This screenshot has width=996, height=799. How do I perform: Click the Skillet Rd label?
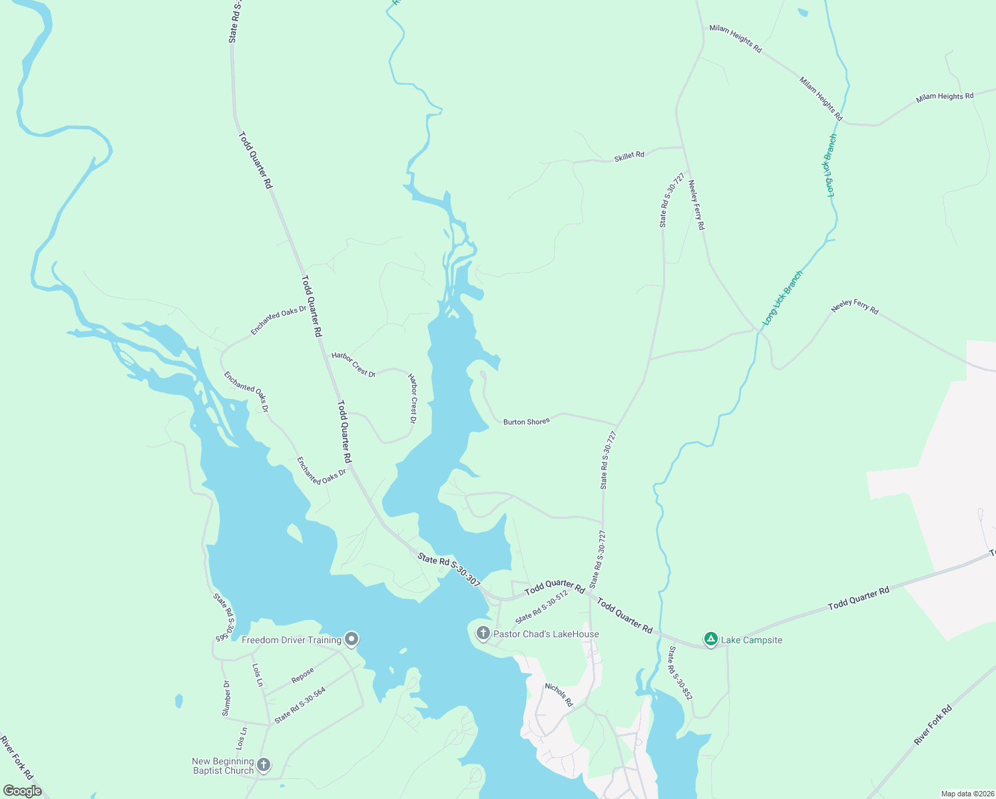tap(629, 156)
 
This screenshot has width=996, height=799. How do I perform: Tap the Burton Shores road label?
tap(526, 421)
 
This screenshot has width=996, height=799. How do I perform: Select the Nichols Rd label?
tap(559, 694)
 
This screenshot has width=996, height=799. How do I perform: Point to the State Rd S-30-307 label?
tap(449, 570)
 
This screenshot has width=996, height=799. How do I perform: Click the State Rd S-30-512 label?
tap(541, 606)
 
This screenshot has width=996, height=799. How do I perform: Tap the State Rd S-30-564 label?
tap(300, 704)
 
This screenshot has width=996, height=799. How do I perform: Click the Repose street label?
tap(302, 675)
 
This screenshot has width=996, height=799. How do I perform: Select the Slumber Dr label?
tap(226, 698)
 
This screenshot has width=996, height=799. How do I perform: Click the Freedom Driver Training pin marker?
tap(352, 639)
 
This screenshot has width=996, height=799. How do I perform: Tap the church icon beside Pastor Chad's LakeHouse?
tap(483, 633)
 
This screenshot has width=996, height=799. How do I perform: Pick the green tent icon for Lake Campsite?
tap(711, 639)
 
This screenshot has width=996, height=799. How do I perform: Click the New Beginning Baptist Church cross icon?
tap(264, 765)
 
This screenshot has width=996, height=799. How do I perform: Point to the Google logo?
tap(23, 791)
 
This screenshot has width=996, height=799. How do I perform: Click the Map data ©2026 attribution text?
tap(967, 794)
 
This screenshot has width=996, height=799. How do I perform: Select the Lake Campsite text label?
tap(752, 640)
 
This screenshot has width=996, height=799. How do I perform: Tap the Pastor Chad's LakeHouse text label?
tap(546, 634)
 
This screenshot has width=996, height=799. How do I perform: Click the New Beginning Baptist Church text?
tap(223, 766)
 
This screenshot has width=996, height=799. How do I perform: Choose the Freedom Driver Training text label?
tap(292, 640)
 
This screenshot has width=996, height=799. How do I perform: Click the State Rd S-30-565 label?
tap(224, 617)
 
